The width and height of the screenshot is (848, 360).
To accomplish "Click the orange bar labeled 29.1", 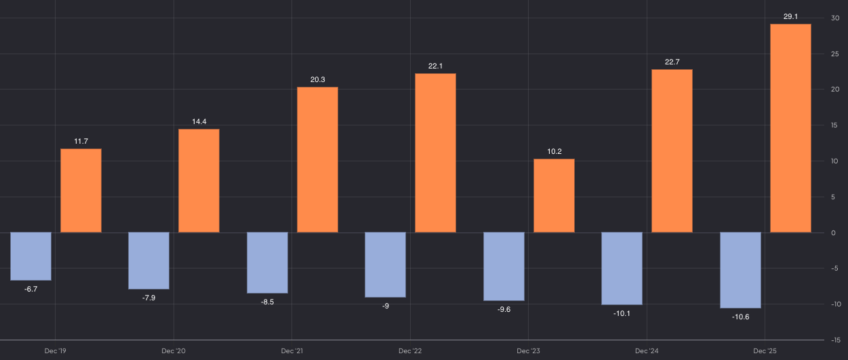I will click(x=790, y=128).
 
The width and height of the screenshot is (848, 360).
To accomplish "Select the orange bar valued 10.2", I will click(x=554, y=196).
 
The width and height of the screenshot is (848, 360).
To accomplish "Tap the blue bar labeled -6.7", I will click(x=31, y=256).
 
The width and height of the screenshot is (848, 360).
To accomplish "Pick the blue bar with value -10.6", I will click(x=740, y=270).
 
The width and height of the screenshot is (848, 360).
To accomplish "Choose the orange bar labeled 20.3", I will click(x=317, y=160).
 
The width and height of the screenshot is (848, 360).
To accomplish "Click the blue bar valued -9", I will click(x=385, y=264).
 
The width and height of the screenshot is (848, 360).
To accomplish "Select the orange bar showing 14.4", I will click(x=199, y=181).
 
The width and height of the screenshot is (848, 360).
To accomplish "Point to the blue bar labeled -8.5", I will click(x=267, y=262).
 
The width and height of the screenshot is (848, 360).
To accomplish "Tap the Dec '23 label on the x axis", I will click(x=527, y=351).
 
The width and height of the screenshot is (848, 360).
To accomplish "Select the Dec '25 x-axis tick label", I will click(x=764, y=351).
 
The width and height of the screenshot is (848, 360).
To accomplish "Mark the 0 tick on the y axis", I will click(x=834, y=233).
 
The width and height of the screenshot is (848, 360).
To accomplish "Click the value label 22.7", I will click(x=672, y=62).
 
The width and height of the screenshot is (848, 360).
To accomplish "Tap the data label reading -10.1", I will click(x=622, y=313).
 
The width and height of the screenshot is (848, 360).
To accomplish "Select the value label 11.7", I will click(x=81, y=141).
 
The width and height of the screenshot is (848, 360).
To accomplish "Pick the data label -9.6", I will click(x=504, y=309).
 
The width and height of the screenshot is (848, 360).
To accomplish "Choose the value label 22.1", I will click(x=435, y=66).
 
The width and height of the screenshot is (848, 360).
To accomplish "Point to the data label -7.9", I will click(x=148, y=298).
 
